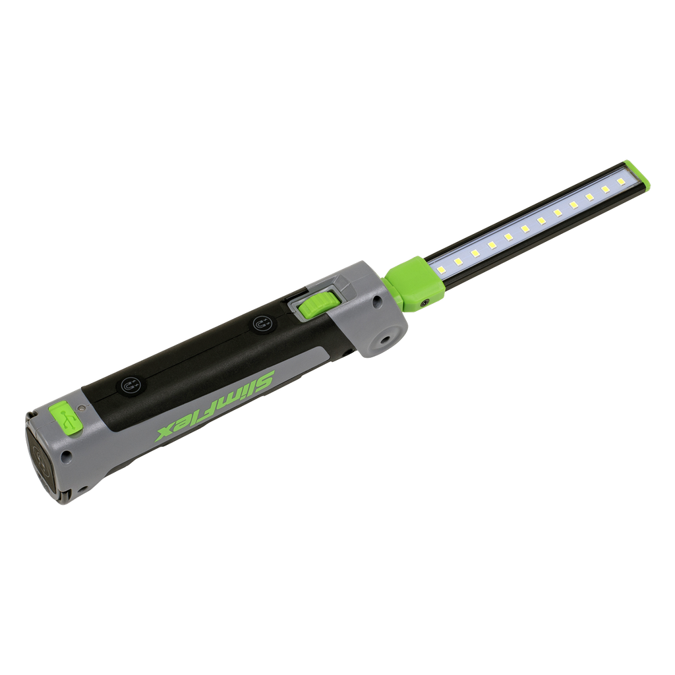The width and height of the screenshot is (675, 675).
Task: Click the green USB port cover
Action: coord(65,418)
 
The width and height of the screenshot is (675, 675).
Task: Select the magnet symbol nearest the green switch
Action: coord(262,324)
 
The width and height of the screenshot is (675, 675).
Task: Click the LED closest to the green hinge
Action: coord(442,270)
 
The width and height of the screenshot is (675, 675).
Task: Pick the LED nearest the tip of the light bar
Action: coord(621,180)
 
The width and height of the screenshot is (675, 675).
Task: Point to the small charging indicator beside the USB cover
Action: coord(81,408)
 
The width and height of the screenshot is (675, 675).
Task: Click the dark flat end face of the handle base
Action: coord(41,457)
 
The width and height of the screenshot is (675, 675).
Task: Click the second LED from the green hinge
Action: coord(457,262)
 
